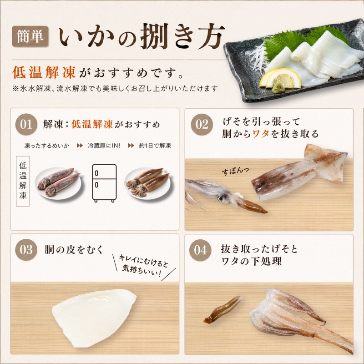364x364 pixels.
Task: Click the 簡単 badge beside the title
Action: pos(30,36)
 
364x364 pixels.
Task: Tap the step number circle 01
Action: pos(26,124)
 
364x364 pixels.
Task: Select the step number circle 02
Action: pos(202,124)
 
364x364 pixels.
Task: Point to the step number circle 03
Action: pos(26,249)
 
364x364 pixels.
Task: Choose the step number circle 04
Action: pos(200,250)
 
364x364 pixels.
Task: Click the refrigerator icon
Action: pos(104,183)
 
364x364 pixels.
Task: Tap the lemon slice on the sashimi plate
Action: pos(280,78)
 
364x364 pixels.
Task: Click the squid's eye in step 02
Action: pos(220,199)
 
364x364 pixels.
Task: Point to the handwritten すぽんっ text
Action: pos(235,171)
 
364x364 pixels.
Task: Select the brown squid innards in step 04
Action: pos(223,309)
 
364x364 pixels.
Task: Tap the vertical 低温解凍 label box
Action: pos(23,181)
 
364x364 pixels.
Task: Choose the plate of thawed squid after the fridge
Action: pos(147,183)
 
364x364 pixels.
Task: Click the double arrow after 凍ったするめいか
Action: pos(80,146)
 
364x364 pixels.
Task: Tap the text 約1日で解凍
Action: pos(155,146)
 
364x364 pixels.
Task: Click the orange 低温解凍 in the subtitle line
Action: pos(44,72)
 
